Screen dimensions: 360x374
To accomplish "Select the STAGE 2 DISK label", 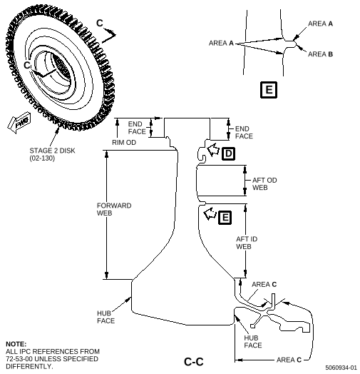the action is [52, 151].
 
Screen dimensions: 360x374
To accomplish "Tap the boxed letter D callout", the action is [228, 153].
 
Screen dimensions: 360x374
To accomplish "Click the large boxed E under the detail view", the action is [269, 90].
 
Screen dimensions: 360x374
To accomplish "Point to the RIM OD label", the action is [124, 143].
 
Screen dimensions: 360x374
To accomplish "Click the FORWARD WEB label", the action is [114, 209].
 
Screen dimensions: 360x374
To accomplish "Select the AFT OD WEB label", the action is [264, 184].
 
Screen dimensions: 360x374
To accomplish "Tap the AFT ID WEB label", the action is [247, 243].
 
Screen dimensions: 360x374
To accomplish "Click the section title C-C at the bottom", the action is [194, 362].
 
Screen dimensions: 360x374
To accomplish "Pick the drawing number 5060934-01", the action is [341, 368].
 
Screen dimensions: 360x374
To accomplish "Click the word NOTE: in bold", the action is [16, 344].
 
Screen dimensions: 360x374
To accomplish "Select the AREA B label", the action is [320, 54].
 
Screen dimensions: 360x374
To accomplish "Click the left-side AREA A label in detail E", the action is [221, 43].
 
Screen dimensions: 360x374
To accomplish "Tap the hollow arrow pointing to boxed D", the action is [212, 150].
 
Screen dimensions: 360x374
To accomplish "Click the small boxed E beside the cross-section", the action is [225, 218].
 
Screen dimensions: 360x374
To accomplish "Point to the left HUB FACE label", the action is [106, 317].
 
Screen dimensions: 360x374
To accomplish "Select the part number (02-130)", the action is [42, 158].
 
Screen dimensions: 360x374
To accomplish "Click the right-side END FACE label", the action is [244, 132].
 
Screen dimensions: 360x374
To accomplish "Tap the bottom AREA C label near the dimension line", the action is [289, 360].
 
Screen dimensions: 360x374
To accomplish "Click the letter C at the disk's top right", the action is [100, 23].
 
